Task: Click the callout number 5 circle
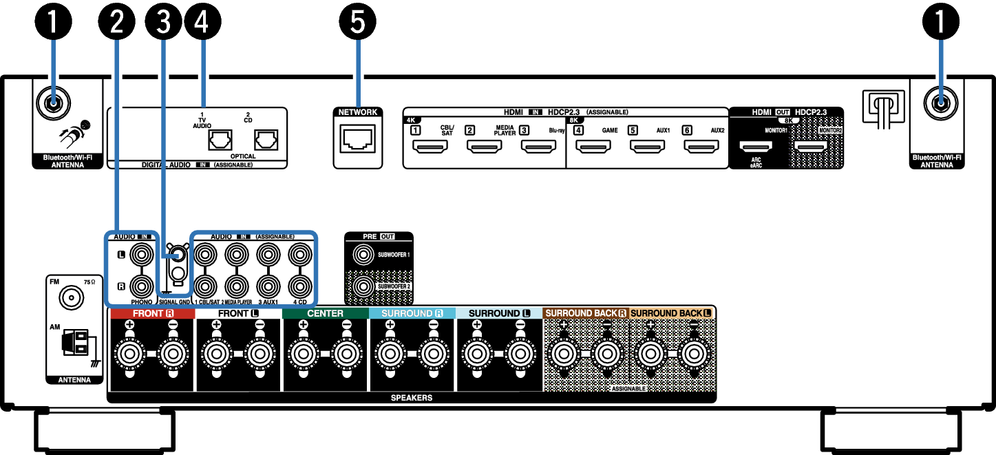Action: [x=358, y=22]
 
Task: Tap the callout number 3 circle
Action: [x=164, y=22]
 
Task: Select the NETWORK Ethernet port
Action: [x=358, y=141]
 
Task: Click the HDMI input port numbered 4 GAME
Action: [x=592, y=146]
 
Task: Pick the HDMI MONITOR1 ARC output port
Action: [x=755, y=146]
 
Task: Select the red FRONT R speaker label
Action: [x=152, y=313]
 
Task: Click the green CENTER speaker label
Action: [x=325, y=313]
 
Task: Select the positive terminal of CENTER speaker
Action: [x=303, y=355]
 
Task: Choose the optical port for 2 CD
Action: [x=266, y=140]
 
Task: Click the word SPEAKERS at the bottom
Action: [x=412, y=398]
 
